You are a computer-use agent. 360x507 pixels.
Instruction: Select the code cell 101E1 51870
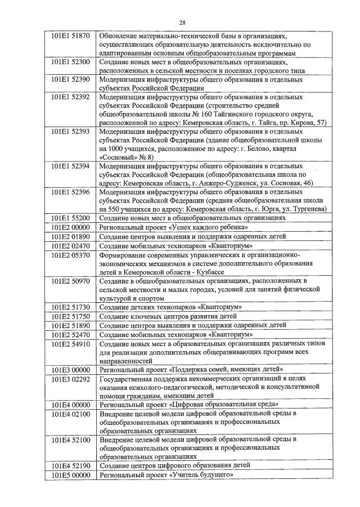70,35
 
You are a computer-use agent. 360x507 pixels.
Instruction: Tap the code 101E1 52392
70,97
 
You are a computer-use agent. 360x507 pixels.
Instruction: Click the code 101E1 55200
70,218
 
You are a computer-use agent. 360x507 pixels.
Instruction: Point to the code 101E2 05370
70,255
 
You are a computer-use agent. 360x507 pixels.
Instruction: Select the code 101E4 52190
70,465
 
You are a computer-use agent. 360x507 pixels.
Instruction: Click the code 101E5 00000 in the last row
70,475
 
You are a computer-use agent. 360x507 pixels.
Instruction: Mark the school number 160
199,113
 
